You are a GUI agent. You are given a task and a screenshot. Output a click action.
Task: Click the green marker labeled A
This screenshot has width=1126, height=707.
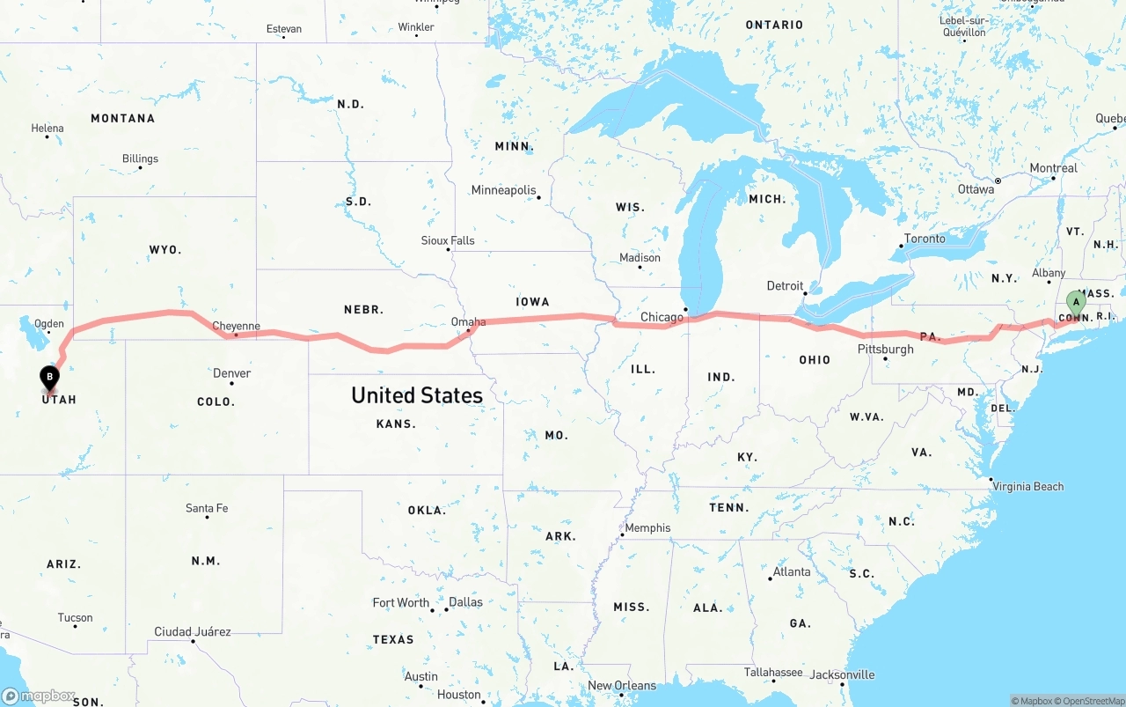click(x=1075, y=303)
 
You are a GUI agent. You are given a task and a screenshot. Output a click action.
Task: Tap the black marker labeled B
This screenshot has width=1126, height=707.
click(x=50, y=378)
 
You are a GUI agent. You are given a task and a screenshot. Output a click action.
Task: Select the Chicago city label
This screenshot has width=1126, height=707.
click(x=662, y=317)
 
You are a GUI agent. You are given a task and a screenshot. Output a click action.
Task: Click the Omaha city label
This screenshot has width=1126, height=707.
click(x=468, y=322)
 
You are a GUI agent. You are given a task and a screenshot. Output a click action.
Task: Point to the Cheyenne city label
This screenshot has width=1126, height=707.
click(x=236, y=327)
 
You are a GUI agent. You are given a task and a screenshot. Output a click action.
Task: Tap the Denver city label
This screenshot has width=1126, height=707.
click(x=232, y=373)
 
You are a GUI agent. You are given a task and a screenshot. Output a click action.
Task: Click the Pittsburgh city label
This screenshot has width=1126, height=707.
click(x=885, y=350)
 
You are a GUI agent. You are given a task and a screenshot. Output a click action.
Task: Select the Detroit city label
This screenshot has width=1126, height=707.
click(x=785, y=285)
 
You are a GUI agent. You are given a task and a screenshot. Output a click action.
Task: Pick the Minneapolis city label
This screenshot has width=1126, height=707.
click(x=503, y=190)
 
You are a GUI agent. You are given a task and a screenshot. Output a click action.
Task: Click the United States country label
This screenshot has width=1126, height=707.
click(x=417, y=395)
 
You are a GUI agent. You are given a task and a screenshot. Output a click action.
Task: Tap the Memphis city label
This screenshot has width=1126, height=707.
click(x=647, y=528)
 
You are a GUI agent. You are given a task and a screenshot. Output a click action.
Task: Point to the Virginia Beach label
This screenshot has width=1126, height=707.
click(x=1028, y=486)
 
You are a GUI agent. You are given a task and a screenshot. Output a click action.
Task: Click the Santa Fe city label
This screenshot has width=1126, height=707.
click(x=207, y=508)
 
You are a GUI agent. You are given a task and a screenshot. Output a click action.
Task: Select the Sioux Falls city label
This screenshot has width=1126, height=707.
click(x=448, y=240)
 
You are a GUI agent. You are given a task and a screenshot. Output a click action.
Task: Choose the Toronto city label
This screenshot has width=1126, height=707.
click(x=925, y=239)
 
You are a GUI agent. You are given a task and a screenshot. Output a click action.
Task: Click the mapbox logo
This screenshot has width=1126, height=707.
click(x=39, y=696)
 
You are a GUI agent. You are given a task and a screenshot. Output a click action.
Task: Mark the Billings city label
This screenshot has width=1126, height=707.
click(x=141, y=159)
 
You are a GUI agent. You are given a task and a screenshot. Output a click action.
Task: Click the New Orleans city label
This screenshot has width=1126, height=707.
click(x=622, y=686)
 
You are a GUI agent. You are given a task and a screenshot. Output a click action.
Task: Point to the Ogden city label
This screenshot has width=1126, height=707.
click(x=49, y=324)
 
